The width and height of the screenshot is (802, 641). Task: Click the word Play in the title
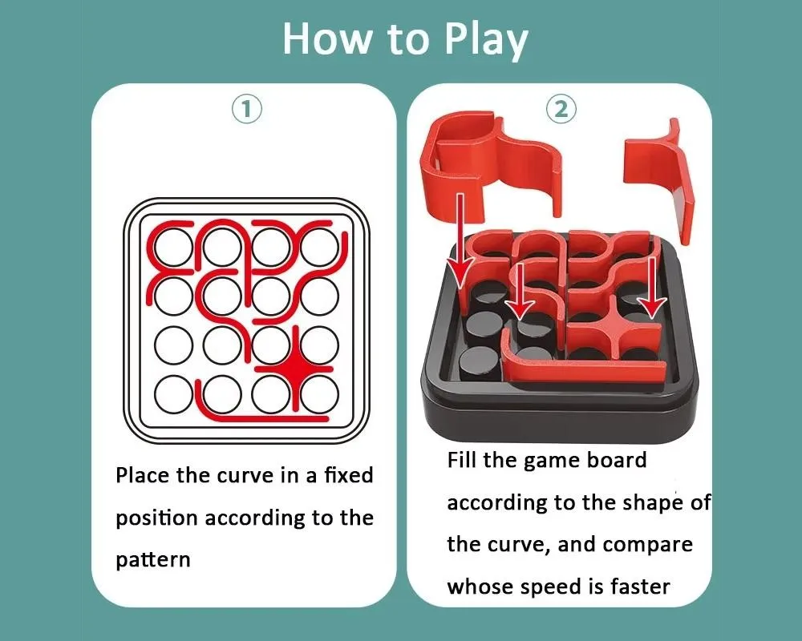pos(487,39)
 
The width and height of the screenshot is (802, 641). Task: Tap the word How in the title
pos(327,38)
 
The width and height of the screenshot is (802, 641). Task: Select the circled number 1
pos(247,110)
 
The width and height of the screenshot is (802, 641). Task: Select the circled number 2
pos(561,110)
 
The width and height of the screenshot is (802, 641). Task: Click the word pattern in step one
pos(153,560)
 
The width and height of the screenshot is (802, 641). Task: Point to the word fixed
pos(349,475)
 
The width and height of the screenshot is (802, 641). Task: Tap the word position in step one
pos(156,518)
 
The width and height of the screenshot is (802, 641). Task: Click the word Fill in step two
pos(462,460)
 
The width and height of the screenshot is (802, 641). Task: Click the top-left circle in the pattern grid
pos(174,248)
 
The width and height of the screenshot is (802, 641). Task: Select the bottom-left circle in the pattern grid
pos(174,395)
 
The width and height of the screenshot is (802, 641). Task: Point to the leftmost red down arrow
pos(460,240)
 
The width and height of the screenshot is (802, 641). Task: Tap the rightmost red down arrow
pos(651,288)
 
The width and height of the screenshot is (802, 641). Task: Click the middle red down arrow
pos(520,290)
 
